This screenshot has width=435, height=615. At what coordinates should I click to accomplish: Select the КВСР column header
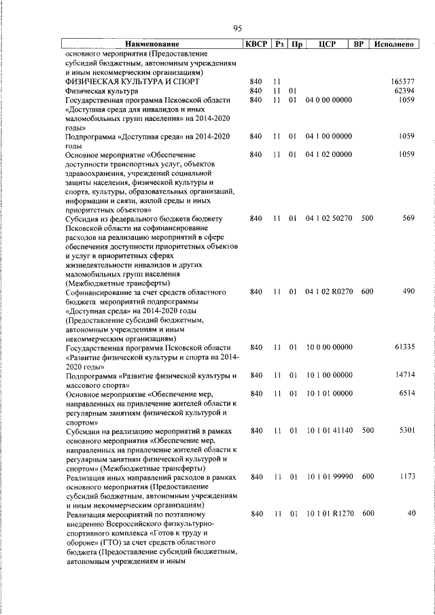pos(256,45)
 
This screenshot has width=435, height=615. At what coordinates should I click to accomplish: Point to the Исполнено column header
pos(395,45)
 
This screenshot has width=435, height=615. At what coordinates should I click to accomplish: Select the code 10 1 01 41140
pos(329,430)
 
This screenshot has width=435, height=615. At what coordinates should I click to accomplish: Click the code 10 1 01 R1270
pos(329,514)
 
